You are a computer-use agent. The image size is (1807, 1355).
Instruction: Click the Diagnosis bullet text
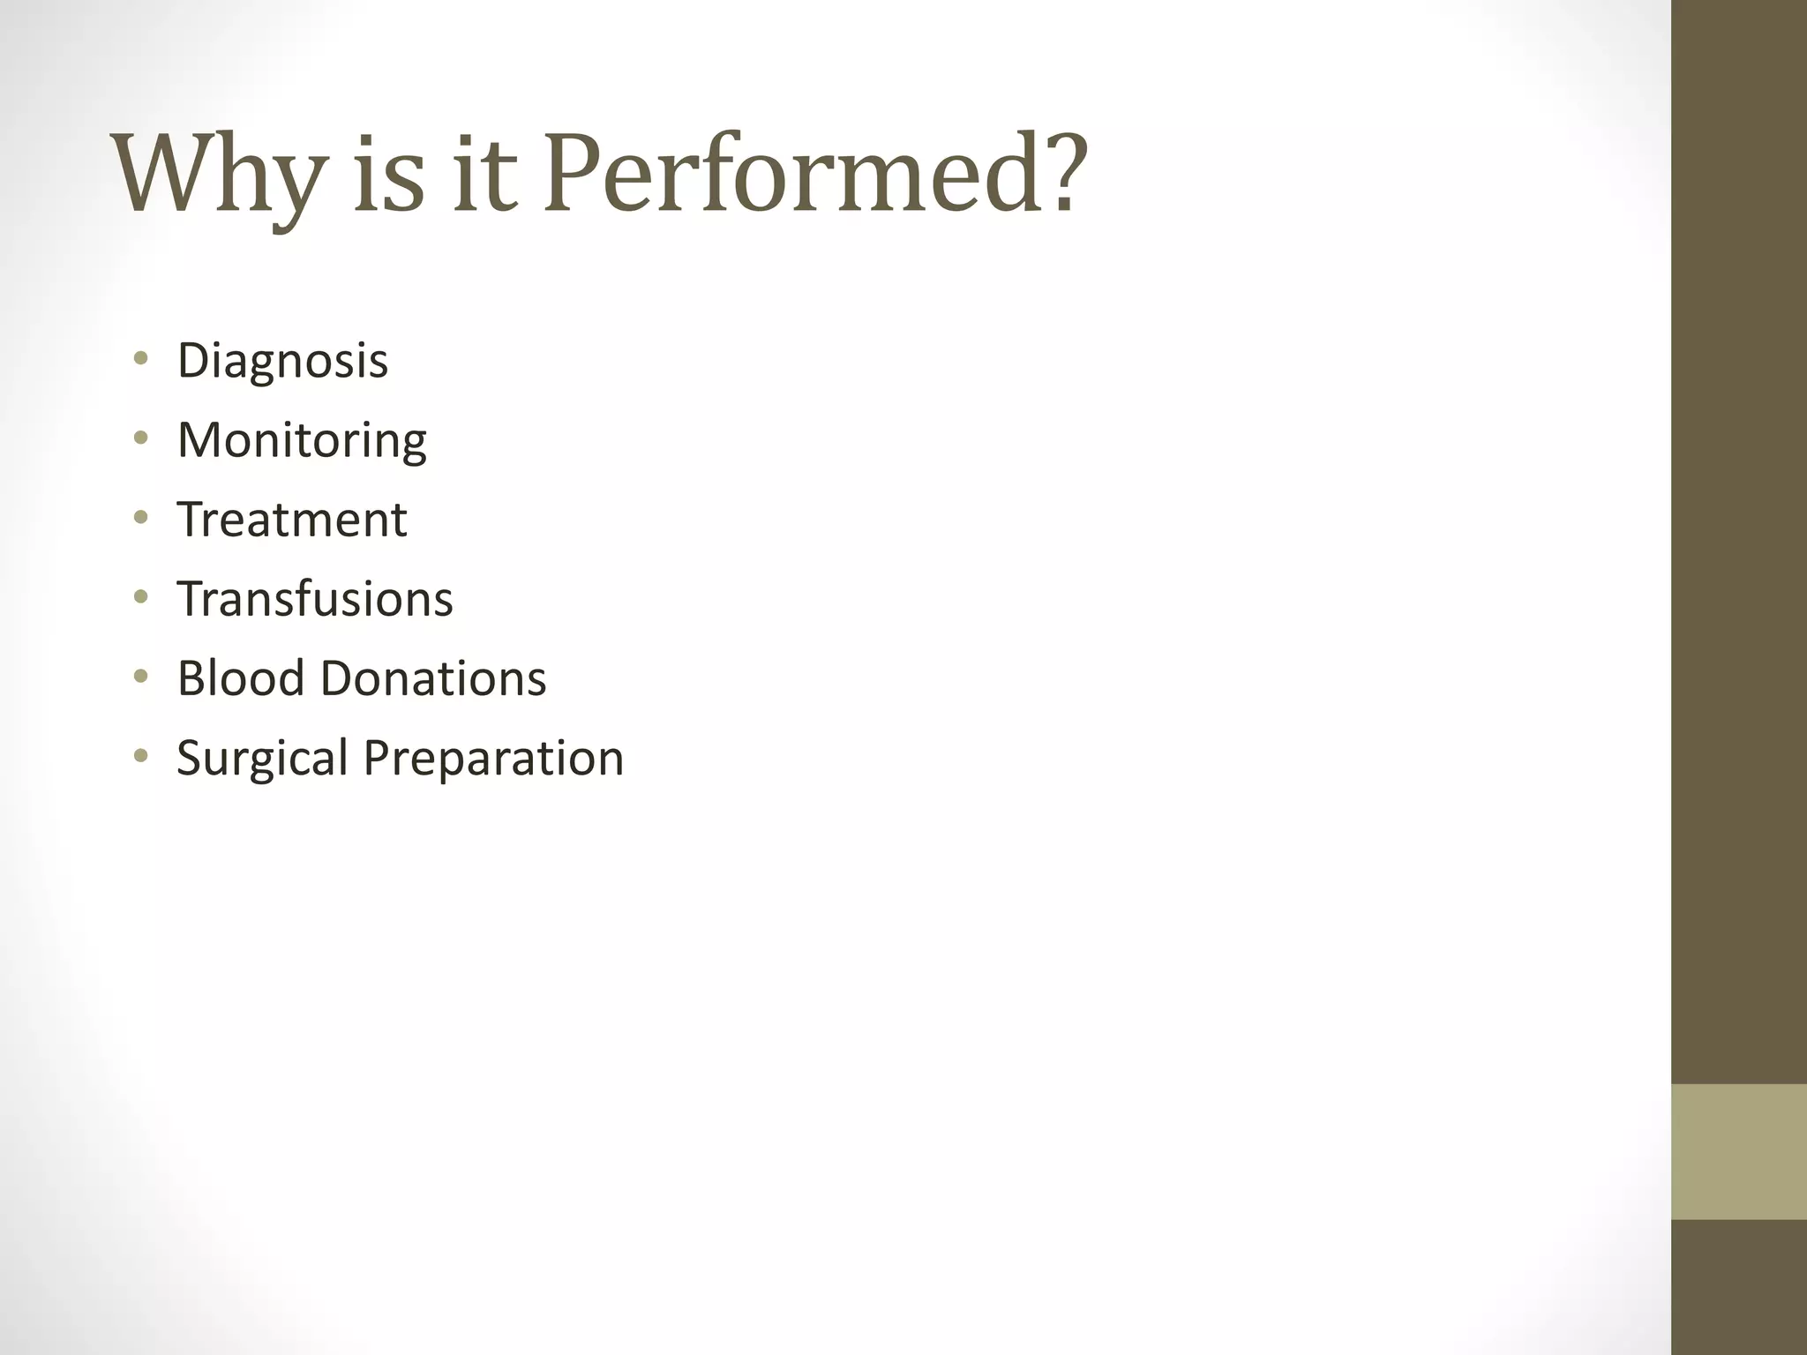pos(282,361)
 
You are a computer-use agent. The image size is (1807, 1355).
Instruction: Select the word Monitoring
pos(302,440)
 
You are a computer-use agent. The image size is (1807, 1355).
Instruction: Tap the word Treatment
pos(292,520)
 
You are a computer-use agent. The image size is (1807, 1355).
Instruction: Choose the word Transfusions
pos(315,599)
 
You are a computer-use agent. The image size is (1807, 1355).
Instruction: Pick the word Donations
pos(432,678)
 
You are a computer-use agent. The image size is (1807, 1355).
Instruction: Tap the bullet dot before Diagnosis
pos(140,359)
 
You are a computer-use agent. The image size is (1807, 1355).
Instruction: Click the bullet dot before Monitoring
pos(140,438)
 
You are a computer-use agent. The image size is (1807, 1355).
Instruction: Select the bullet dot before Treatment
pos(140,518)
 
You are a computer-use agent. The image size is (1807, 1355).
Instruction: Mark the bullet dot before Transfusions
pos(140,597)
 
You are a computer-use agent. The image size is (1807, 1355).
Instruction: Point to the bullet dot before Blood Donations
pos(140,677)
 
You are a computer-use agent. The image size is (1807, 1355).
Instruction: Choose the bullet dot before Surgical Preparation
pos(140,756)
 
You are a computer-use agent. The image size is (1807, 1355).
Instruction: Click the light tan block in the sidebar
pos(1738,1151)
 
